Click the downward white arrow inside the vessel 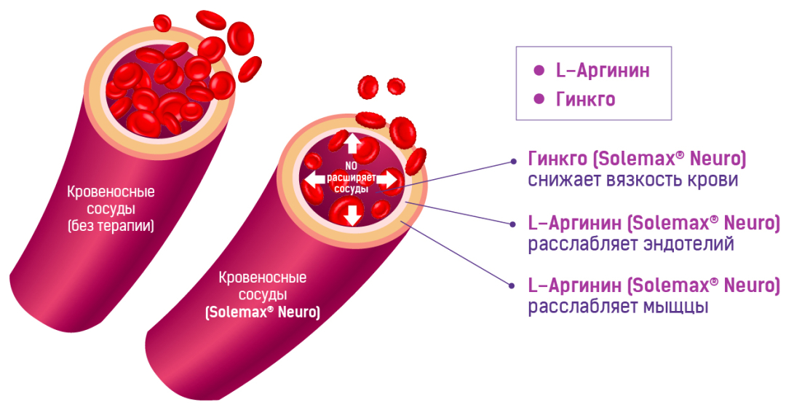(352, 213)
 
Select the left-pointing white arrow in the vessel (314, 178)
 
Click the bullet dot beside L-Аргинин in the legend (539, 71)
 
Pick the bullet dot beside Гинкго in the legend (539, 99)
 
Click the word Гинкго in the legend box (586, 99)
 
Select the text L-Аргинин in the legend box (603, 71)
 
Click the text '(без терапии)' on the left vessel (111, 226)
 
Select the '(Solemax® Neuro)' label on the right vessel (262, 312)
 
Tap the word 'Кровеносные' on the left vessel (111, 193)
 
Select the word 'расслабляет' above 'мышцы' (576, 307)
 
